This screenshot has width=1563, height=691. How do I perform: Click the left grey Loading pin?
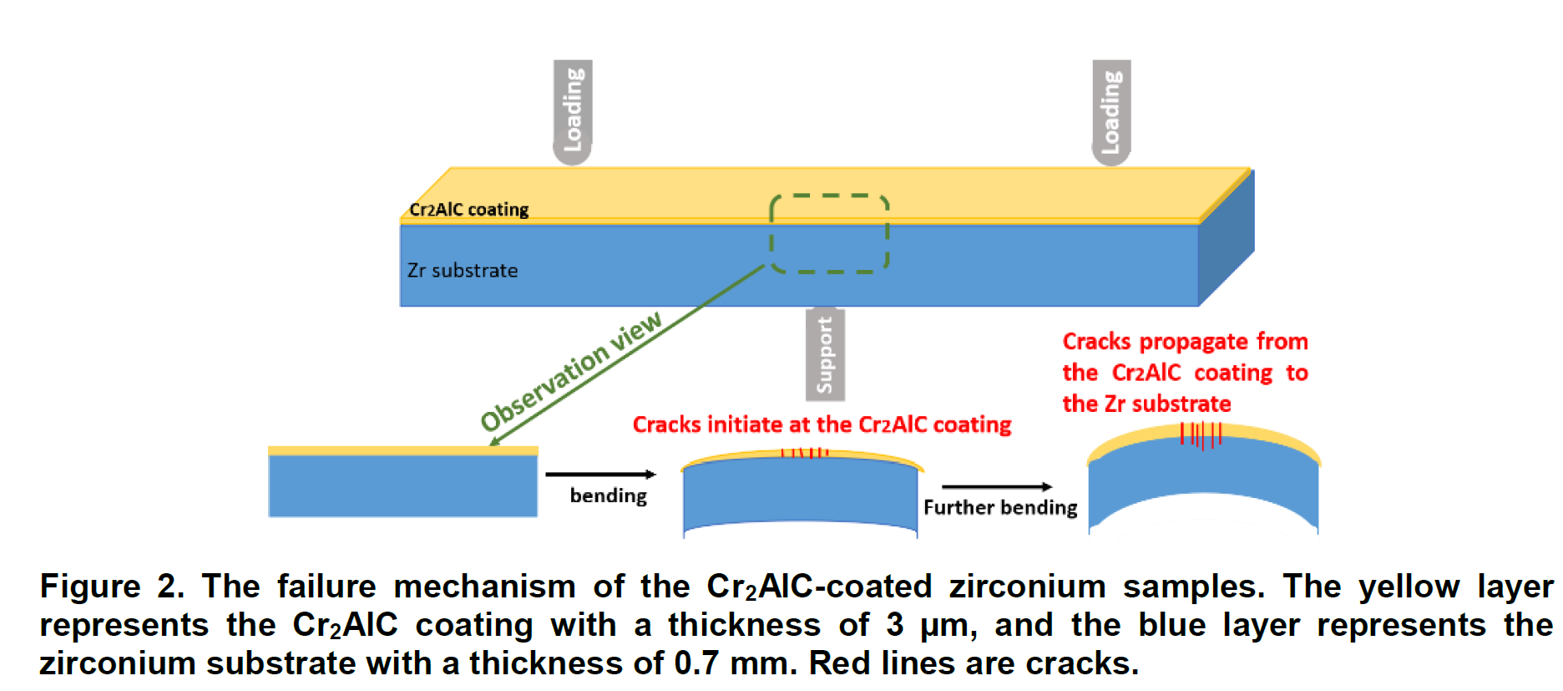tap(573, 112)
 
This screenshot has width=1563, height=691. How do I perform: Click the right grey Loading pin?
tap(1111, 112)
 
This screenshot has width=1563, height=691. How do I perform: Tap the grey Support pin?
tap(825, 354)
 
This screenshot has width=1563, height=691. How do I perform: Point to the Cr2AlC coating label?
tap(468, 209)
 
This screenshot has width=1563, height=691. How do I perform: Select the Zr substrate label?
tap(463, 271)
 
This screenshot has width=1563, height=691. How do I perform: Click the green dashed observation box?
tap(829, 234)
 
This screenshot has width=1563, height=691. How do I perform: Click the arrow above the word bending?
tap(600, 475)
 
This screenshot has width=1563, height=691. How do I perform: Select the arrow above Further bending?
tap(997, 486)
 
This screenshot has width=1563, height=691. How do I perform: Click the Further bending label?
tap(1000, 508)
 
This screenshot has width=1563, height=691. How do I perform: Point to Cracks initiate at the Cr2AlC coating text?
tap(822, 424)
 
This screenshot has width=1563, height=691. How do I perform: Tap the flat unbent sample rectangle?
tap(402, 483)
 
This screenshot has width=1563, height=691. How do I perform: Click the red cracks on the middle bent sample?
tap(804, 453)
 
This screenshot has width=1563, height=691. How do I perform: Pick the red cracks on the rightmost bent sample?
tap(1201, 434)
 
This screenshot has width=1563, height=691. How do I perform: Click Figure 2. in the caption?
tap(112, 587)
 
